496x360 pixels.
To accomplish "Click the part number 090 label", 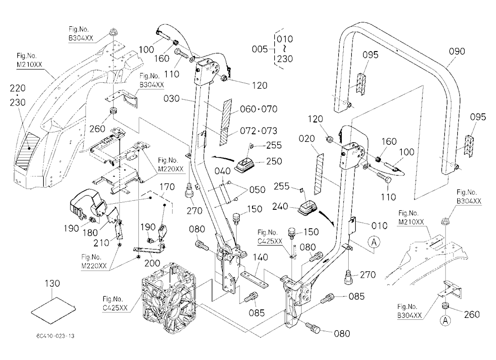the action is (457, 51).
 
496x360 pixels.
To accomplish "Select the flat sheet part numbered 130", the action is (54, 310).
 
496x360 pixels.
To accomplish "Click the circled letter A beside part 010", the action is (374, 242).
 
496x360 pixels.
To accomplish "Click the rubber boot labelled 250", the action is (245, 164).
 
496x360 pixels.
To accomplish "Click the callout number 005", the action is (260, 49).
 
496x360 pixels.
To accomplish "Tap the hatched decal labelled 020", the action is (319, 174).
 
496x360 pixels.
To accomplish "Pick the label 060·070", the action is (259, 109).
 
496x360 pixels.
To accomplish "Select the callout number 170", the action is (167, 187).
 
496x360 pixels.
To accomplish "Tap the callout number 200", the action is (152, 263).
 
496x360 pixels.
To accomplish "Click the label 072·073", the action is (258, 130).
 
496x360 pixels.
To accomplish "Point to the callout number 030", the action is (172, 99).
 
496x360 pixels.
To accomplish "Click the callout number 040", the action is (222, 171).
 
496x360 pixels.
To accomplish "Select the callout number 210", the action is (101, 243).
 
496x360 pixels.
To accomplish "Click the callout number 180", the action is (90, 233).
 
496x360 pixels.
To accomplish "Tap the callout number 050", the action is (257, 189).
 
